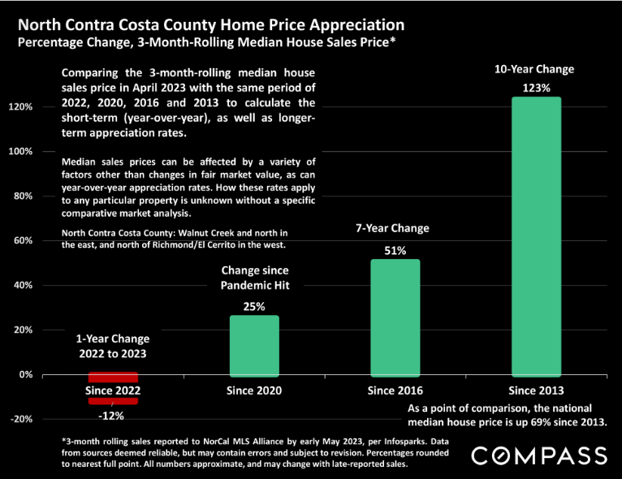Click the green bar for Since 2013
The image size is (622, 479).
pos(536,237)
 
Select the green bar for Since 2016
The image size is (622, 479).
pos(395,318)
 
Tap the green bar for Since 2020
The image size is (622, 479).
pos(254,346)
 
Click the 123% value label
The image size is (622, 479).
pos(536,88)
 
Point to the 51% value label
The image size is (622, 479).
pos(395,251)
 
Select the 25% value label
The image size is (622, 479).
pos(254,307)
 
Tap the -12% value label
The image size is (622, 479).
pos(111,416)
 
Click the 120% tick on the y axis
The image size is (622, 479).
pos(20,106)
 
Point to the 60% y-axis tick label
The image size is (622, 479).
pos(23,240)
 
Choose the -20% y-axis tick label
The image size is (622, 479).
pos(21,419)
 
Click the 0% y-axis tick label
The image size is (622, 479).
pos(26,375)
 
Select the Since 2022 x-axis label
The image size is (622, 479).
pos(113,391)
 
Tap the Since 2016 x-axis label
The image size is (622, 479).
pos(395,391)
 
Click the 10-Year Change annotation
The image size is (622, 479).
pos(534,69)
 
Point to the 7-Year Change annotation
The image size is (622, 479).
pos(392,228)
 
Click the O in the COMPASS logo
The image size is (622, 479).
pos(503,456)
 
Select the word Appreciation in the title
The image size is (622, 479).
pos(357,25)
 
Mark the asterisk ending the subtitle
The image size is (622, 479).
pos(393,39)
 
